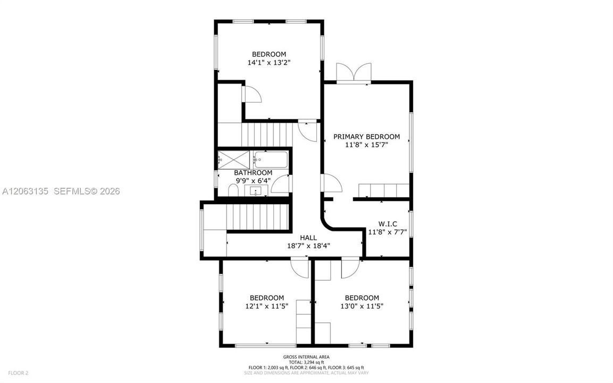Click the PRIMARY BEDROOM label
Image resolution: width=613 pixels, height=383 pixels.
click(x=366, y=137)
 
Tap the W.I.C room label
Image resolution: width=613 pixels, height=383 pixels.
click(x=388, y=224)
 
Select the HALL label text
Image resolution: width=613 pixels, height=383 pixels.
click(x=308, y=238)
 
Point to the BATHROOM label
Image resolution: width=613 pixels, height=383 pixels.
click(x=253, y=173)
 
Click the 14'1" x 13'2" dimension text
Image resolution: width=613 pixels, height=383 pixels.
click(x=269, y=63)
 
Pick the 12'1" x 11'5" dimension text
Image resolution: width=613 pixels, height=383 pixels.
click(x=266, y=306)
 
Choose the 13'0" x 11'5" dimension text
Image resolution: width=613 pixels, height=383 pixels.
click(x=362, y=306)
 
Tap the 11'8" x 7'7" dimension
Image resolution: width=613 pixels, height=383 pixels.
click(x=388, y=232)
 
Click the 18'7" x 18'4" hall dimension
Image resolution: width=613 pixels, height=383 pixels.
click(x=308, y=246)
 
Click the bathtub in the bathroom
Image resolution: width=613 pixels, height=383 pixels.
click(x=270, y=160)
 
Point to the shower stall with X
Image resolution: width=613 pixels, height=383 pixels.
click(x=233, y=160)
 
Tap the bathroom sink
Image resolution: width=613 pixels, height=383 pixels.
click(x=256, y=191)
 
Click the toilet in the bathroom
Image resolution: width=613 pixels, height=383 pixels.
click(x=233, y=190)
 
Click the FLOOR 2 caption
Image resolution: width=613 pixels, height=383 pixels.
click(x=18, y=373)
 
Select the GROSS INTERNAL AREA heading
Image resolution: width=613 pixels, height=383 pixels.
click(x=306, y=357)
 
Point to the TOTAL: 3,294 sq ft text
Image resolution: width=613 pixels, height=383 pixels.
click(x=306, y=362)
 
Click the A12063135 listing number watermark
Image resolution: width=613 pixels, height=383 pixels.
click(x=26, y=191)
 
